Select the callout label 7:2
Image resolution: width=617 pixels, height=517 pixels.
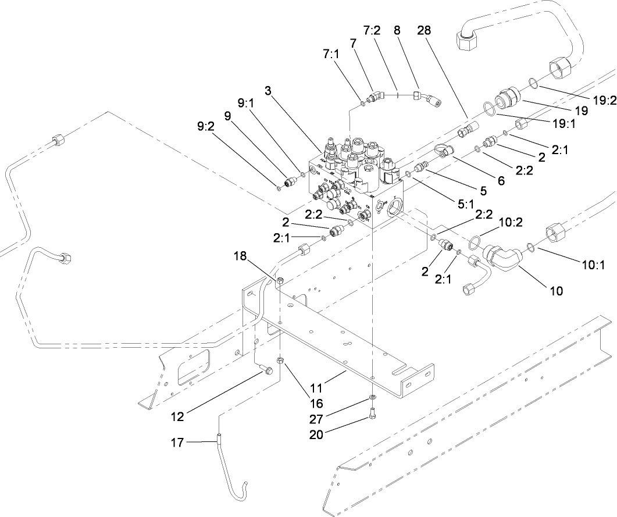(x=372, y=31)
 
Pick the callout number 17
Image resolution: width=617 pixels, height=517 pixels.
(x=177, y=443)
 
